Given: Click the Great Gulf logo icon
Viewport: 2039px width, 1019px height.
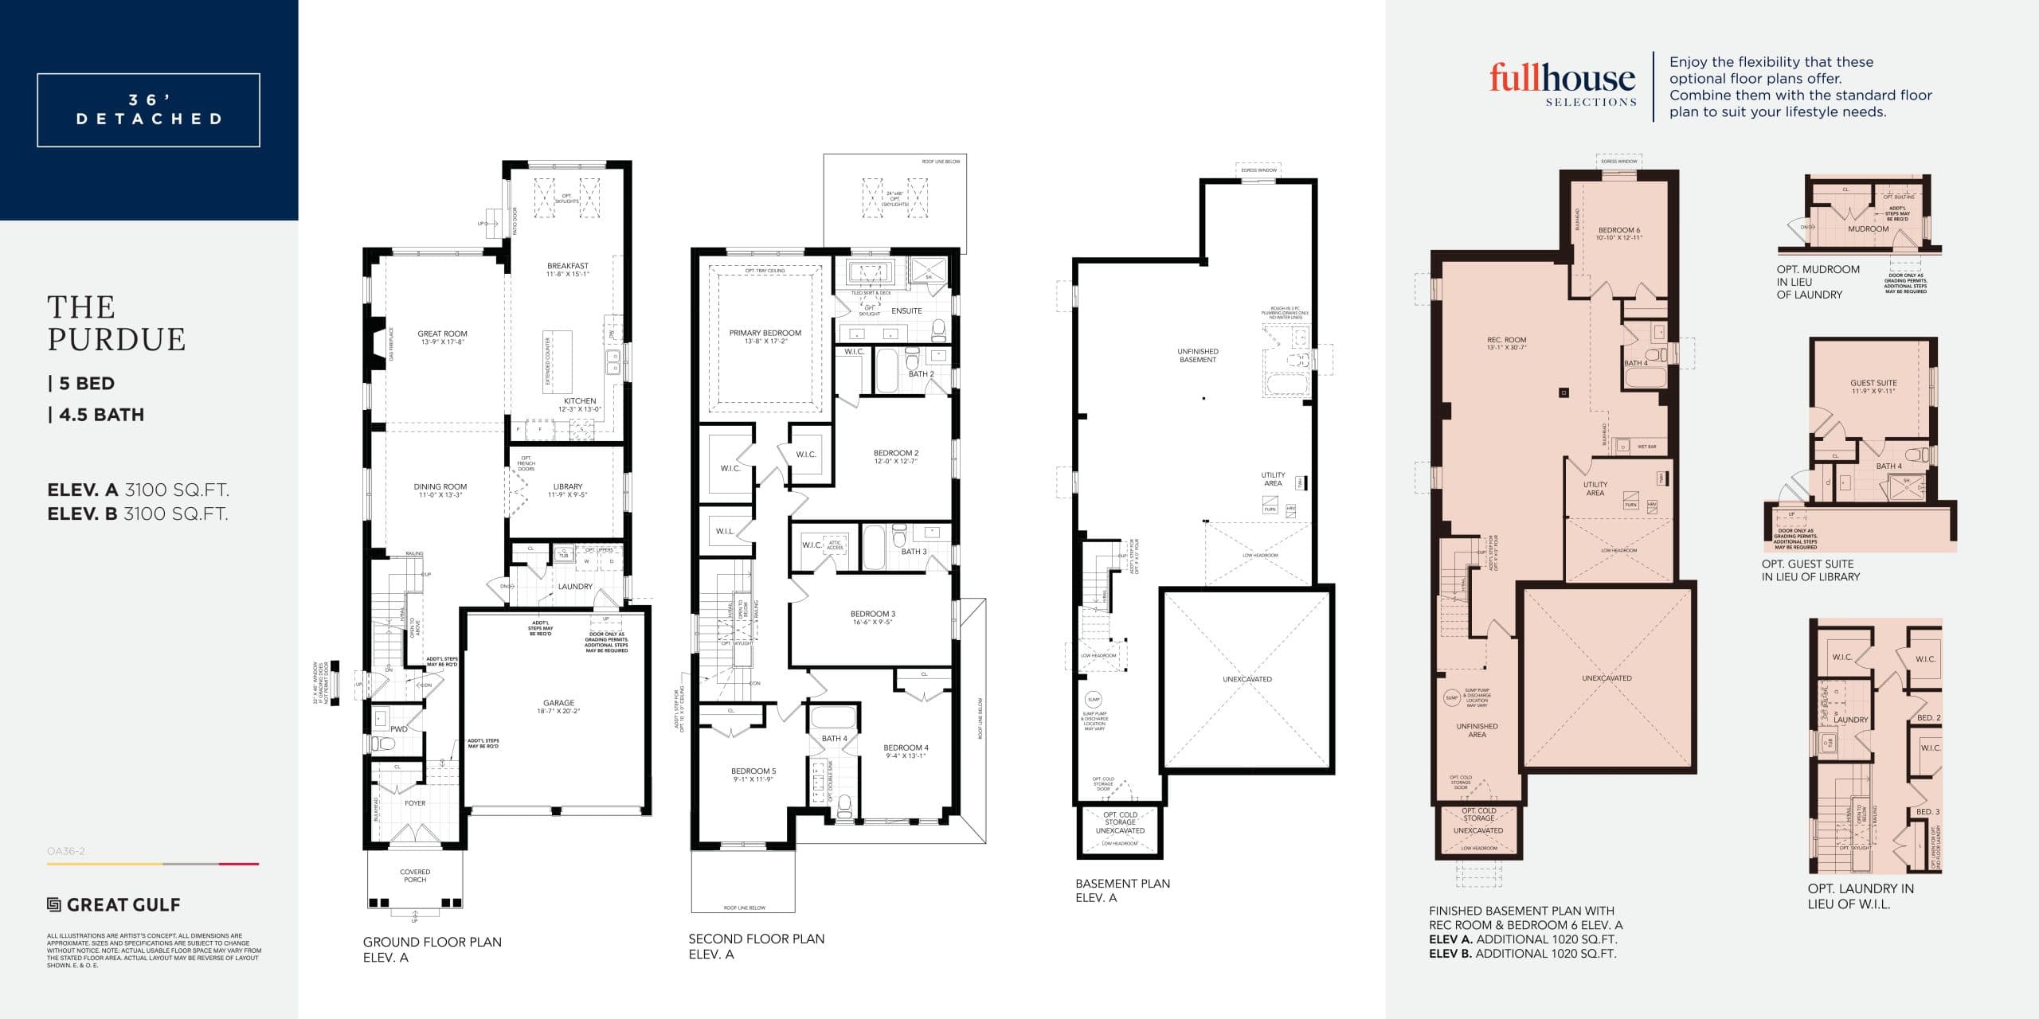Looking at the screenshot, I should (54, 905).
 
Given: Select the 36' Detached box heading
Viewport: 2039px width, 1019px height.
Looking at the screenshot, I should (149, 110).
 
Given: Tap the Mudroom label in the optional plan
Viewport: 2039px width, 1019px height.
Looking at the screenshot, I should (1868, 229).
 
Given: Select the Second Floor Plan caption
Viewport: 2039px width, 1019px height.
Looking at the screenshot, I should (756, 939).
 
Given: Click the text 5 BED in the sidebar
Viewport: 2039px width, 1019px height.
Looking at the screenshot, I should (86, 384).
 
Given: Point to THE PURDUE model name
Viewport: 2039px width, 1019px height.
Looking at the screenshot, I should (116, 323).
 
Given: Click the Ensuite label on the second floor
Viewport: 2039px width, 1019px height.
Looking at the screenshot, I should (906, 311).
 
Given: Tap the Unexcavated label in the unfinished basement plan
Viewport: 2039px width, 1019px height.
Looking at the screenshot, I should (1246, 679).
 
